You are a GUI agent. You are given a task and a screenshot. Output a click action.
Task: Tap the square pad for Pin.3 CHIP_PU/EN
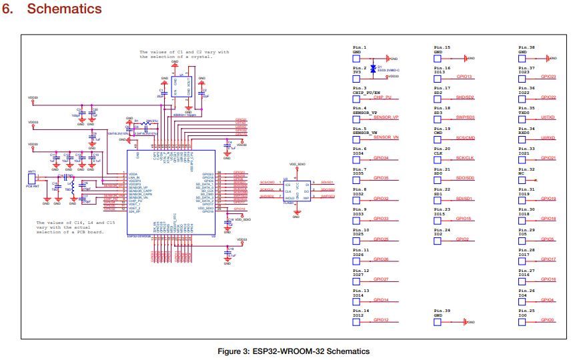pos(356,99)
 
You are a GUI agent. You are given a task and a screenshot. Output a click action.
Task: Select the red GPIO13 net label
pos(465,77)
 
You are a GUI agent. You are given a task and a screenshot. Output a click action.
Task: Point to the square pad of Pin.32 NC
pos(522,180)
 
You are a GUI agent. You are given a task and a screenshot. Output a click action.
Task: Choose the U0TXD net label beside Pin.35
pos(548,118)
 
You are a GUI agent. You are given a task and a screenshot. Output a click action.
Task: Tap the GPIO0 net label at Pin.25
pos(548,321)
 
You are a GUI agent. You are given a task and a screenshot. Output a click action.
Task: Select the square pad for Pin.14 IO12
pos(356,322)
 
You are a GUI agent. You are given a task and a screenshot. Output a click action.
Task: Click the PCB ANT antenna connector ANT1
pos(31,178)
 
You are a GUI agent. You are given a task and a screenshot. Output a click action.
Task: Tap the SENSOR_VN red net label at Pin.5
pos(386,137)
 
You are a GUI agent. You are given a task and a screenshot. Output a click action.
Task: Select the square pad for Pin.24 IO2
pos(438,241)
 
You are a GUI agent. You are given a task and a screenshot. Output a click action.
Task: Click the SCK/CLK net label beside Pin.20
pos(465,159)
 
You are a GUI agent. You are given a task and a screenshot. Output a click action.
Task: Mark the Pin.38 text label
pos(526,48)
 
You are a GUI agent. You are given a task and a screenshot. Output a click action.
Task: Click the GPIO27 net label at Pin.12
pos(382,280)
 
